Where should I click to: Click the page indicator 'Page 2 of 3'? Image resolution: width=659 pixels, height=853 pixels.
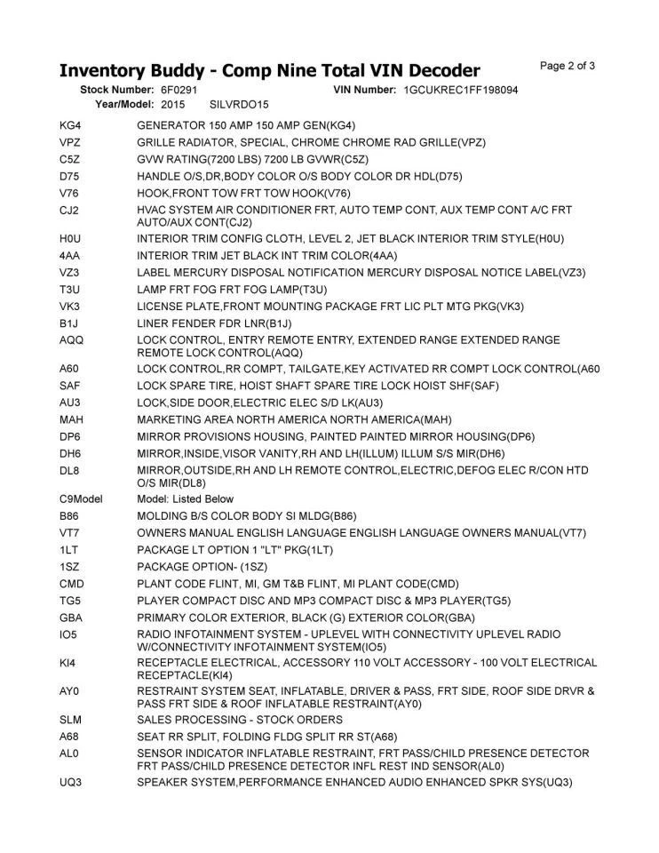(568, 66)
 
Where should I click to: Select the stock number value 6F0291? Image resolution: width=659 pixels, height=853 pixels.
(179, 91)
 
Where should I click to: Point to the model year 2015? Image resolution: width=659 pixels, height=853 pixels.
(173, 105)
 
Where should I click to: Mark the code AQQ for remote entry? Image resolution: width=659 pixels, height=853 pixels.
(71, 340)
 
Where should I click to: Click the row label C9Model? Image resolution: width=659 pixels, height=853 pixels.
(81, 498)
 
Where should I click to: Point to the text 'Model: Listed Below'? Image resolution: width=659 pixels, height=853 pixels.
(185, 498)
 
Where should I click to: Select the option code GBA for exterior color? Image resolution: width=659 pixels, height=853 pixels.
(71, 618)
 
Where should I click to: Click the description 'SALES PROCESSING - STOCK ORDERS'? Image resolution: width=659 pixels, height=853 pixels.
(240, 719)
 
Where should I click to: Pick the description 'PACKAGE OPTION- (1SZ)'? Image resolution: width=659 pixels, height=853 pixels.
(204, 566)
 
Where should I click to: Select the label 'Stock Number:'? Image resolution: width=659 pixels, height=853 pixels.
(117, 91)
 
